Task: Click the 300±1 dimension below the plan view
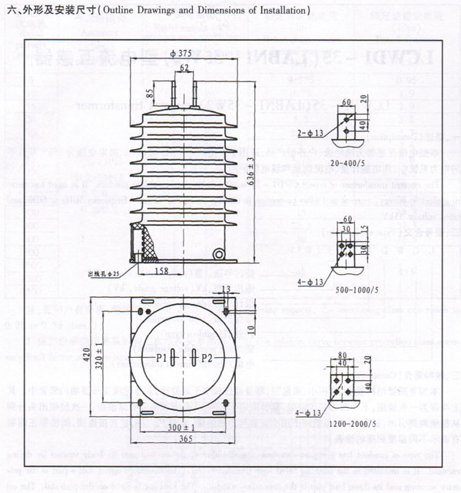pos(182,426)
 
